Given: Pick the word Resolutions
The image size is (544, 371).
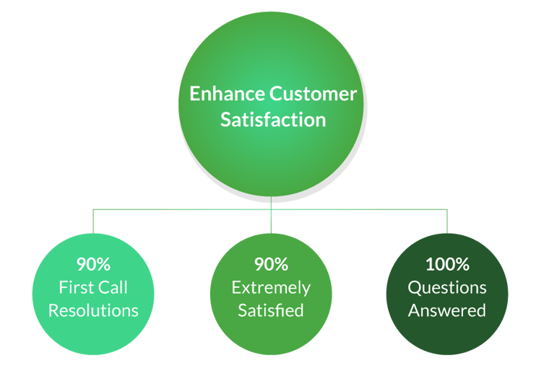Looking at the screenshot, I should tap(93, 311).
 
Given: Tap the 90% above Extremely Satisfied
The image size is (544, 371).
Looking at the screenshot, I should tap(271, 263).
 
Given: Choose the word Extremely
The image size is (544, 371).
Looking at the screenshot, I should tap(271, 287).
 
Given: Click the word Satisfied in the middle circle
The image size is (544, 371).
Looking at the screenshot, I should tap(271, 311).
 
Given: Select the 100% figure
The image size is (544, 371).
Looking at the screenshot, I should tap(447, 263).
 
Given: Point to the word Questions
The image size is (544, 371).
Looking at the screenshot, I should tap(447, 287).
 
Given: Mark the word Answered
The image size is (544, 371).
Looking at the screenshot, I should tap(447, 311).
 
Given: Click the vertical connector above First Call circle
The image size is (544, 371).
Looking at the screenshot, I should tap(93, 221).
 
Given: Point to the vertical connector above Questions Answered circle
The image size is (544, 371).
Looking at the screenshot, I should tap(447, 221).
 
